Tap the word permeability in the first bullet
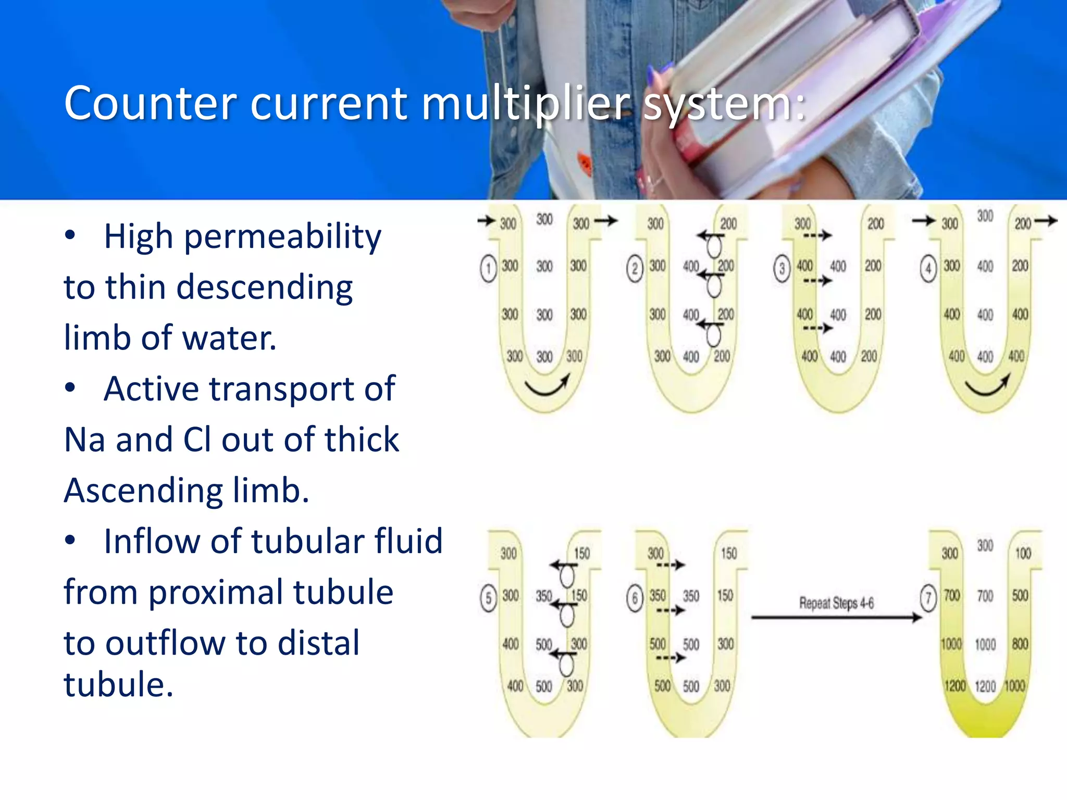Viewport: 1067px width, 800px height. [282, 238]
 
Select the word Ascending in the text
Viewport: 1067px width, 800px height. [143, 491]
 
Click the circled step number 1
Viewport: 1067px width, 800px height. [488, 269]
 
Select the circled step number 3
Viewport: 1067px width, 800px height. [781, 269]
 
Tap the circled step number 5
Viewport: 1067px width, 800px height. [488, 599]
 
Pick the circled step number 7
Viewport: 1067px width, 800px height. [928, 599]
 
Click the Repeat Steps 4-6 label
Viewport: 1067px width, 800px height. [836, 603]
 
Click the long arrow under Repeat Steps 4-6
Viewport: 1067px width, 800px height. [836, 618]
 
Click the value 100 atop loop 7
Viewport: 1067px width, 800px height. [1023, 553]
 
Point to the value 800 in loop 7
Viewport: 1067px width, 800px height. [1020, 644]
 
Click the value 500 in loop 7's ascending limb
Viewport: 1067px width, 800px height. [1020, 595]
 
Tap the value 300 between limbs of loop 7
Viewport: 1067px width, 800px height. [985, 545]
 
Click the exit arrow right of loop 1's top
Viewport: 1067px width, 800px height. [606, 221]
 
